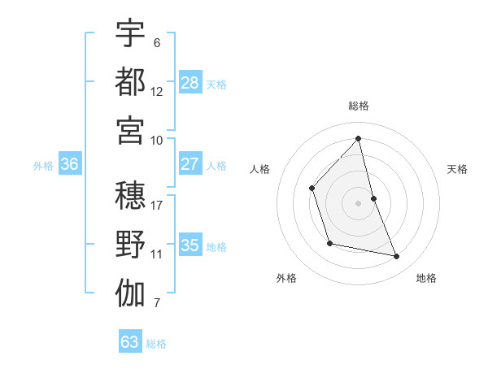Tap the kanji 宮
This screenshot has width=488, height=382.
(130, 129)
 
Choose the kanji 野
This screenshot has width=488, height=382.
(130, 245)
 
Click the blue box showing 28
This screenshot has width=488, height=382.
(190, 83)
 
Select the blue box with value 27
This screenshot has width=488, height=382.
(190, 164)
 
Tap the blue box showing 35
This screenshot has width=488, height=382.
(190, 245)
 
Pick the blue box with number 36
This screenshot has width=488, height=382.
(70, 164)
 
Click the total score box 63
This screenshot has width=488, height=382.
(130, 342)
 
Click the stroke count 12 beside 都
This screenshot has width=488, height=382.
(157, 92)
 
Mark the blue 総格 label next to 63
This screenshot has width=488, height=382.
(157, 344)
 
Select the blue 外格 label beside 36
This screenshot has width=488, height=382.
(43, 166)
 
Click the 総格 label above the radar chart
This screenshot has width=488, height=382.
(359, 106)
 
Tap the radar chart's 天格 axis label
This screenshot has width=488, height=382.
(458, 169)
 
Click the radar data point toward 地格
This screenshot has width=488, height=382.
(397, 257)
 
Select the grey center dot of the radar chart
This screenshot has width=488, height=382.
(359, 203)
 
